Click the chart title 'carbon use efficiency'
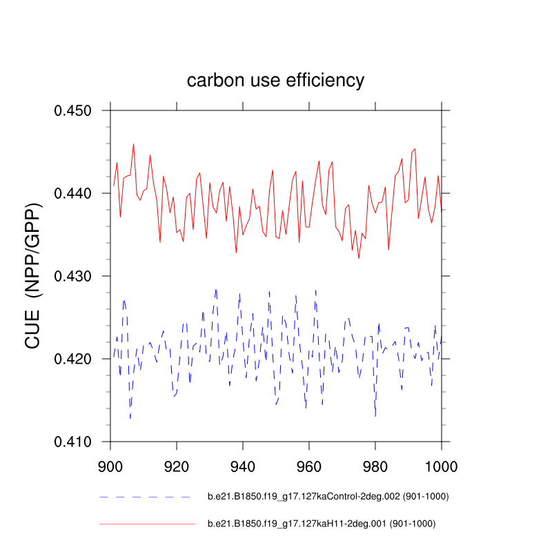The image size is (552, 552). [x=275, y=81]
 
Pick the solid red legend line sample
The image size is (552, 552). [x=147, y=524]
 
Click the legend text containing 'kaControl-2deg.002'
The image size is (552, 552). [x=324, y=496]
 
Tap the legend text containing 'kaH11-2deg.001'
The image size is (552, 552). [x=322, y=524]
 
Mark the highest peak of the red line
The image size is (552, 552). [x=134, y=144]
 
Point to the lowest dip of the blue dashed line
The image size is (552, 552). [x=130, y=418]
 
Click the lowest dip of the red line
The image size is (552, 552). [x=359, y=259]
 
